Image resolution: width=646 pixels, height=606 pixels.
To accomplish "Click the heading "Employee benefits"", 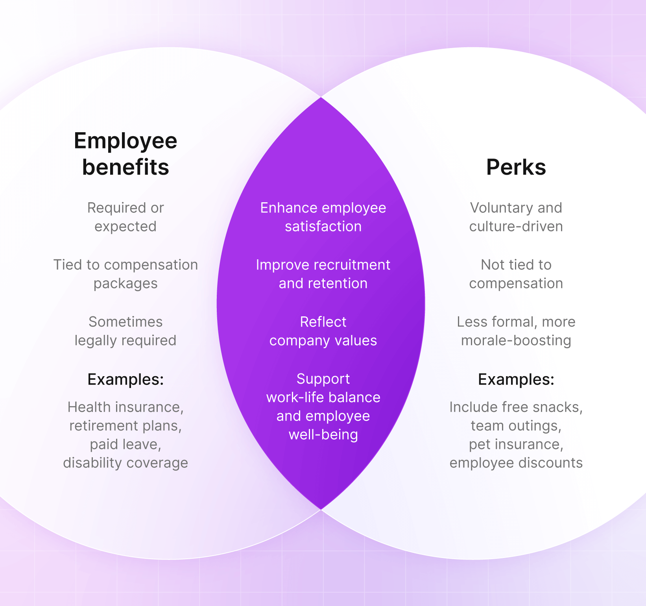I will tap(126, 154).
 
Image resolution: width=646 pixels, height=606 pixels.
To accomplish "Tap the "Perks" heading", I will tap(516, 167).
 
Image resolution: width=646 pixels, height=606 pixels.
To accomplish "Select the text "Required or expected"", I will tap(126, 217).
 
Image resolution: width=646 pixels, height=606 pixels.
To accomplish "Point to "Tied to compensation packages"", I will tap(126, 274).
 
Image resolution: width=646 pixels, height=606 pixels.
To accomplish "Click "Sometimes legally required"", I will tap(126, 331).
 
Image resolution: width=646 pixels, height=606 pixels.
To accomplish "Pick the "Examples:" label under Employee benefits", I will tap(126, 379).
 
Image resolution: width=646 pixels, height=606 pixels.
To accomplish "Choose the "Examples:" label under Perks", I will tap(516, 379).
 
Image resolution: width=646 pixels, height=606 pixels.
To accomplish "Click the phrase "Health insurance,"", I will tap(126, 407).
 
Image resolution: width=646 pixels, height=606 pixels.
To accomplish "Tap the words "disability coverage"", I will tap(126, 463).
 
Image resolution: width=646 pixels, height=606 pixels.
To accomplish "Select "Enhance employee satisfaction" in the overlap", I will tap(323, 217).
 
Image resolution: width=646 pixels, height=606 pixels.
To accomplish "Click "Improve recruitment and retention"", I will tap(323, 274).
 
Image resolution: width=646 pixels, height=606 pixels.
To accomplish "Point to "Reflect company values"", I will tap(323, 331).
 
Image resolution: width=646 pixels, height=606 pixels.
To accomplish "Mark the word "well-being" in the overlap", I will tap(323, 435).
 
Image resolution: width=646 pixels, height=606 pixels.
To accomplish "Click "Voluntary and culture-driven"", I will tap(516, 217).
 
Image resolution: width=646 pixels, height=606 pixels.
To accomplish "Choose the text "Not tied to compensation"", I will tap(516, 274).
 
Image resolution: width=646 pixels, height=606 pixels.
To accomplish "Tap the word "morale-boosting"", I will tap(516, 340).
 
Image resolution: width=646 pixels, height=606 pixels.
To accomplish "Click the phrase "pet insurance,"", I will tap(516, 444).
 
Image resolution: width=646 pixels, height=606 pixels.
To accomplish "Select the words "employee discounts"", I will tap(516, 463).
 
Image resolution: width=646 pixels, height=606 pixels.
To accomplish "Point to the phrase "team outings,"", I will tap(516, 426).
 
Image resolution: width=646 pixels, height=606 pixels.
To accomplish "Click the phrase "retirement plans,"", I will tap(126, 426).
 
